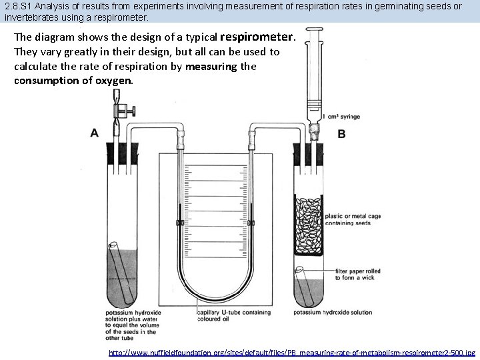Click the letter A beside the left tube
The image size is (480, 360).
pos(94,133)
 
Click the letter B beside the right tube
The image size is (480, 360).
pos(341,134)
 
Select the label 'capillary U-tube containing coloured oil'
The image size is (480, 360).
pos(233,315)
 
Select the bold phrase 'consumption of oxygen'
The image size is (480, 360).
pos(73,80)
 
